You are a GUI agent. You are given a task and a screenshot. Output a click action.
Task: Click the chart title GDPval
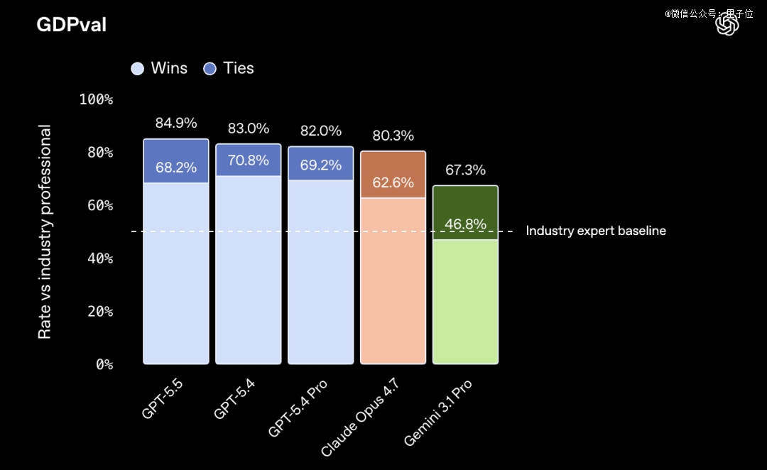click(x=71, y=25)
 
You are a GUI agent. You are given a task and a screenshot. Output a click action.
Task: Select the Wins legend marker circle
click(x=138, y=68)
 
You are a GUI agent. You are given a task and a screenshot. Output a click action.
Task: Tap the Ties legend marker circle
click(x=210, y=68)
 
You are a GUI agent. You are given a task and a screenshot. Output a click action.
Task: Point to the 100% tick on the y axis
click(x=96, y=99)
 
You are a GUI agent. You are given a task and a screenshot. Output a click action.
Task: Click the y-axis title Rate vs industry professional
click(x=45, y=232)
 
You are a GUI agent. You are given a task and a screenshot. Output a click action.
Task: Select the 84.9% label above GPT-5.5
click(x=176, y=123)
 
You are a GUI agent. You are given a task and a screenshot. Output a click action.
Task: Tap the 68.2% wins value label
click(x=176, y=168)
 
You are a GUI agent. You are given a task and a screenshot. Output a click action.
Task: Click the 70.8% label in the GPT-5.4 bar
click(x=249, y=160)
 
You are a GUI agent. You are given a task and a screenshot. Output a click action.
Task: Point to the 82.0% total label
click(x=320, y=131)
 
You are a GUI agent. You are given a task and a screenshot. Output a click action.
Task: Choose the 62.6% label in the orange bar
click(x=393, y=182)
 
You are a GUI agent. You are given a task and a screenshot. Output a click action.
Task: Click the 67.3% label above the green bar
click(x=465, y=170)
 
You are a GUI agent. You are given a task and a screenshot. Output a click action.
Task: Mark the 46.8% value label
click(x=465, y=224)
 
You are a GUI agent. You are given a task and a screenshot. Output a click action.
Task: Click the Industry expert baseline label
click(x=596, y=231)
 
